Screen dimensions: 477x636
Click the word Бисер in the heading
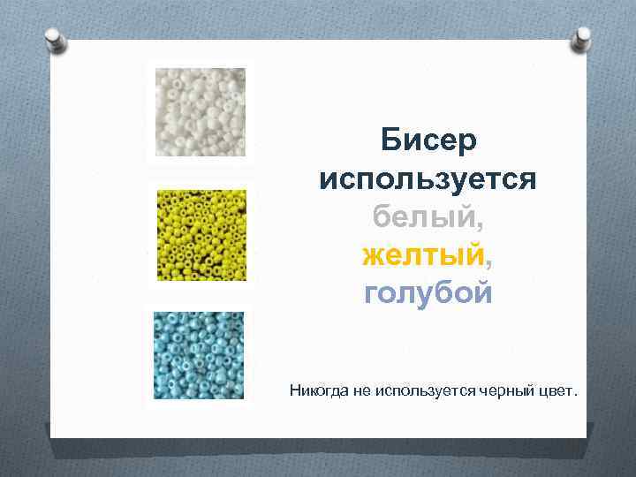[428, 140]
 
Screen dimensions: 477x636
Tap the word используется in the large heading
[428, 179]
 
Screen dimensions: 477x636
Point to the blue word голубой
[428, 292]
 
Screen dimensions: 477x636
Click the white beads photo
[200, 113]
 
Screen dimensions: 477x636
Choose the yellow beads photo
[200, 235]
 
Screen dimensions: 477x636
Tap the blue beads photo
[200, 354]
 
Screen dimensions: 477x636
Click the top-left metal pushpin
[56, 38]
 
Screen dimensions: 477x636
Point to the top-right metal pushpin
[582, 37]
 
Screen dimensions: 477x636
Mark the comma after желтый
[488, 261]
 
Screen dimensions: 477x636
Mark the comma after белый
[484, 223]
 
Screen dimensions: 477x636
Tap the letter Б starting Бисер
[390, 140]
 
